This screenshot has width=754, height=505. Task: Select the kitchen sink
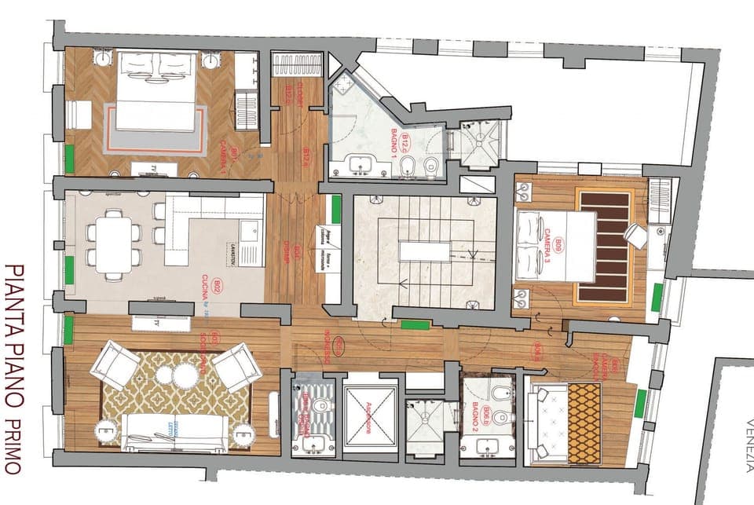[x=252, y=231]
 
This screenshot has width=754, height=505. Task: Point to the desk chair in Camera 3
[x=635, y=235]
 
